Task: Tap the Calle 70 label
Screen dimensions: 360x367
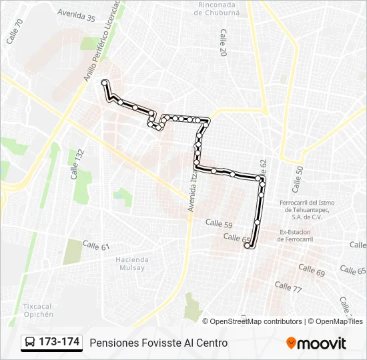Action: click(15, 31)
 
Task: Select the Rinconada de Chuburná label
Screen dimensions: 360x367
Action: click(215, 7)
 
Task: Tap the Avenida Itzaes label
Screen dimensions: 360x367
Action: click(193, 193)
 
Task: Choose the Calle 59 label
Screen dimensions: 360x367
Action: click(218, 223)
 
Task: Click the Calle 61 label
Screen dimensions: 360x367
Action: click(95, 246)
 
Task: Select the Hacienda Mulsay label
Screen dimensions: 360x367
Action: click(131, 265)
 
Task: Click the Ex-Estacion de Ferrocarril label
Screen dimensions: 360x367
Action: click(296, 235)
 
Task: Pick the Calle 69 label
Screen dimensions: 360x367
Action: click(312, 270)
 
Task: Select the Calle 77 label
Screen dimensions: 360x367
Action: click(288, 287)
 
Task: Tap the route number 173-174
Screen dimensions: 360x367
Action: click(59, 342)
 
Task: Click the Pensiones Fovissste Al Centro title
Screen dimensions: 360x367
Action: click(158, 343)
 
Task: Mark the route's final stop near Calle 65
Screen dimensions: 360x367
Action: click(248, 246)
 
